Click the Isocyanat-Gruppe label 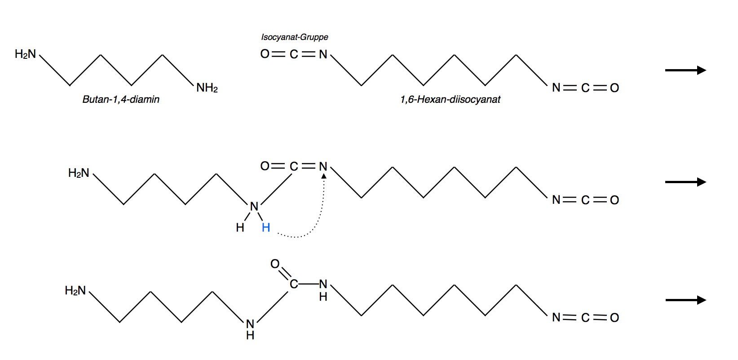(x=294, y=37)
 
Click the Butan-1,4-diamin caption (x=121, y=99)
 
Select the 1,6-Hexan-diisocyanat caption (x=450, y=99)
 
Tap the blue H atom (x=266, y=228)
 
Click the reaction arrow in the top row (x=685, y=70)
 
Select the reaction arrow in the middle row (x=685, y=182)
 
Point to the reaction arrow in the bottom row (x=685, y=300)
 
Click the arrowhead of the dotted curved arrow (x=323, y=176)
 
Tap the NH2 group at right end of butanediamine (x=207, y=88)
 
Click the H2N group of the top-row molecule (x=25, y=54)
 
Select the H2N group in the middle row (x=79, y=173)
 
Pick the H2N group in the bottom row (x=75, y=290)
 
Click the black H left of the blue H (x=240, y=228)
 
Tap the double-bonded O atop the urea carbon (x=275, y=264)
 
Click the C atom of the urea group (x=294, y=284)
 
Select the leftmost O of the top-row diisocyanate (x=265, y=54)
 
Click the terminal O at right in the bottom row (x=614, y=317)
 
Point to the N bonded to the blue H (x=254, y=206)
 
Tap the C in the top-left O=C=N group (x=294, y=54)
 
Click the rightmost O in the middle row (x=614, y=200)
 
